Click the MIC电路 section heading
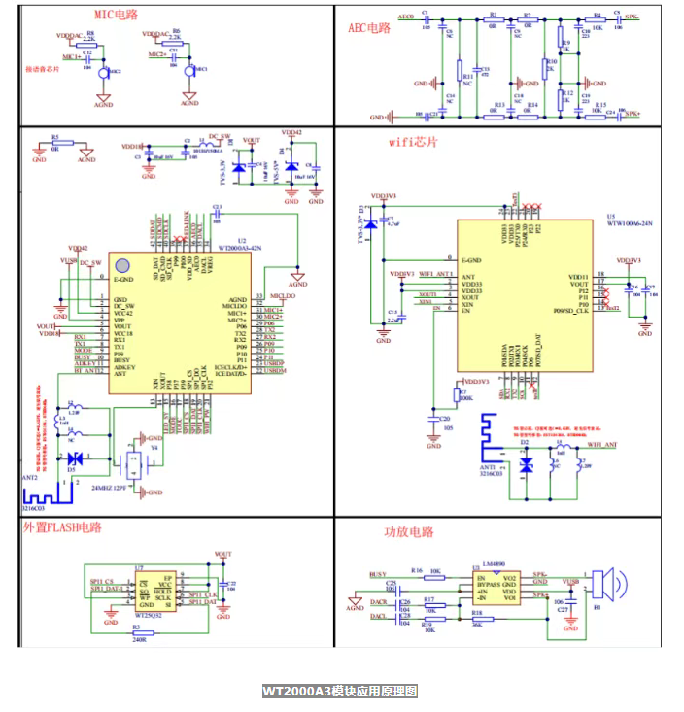(116, 16)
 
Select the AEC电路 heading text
(369, 28)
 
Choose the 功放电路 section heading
(408, 531)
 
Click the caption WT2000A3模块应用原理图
(339, 692)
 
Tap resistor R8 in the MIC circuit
(90, 41)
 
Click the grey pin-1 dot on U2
(122, 265)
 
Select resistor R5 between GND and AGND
(55, 144)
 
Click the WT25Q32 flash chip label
(147, 615)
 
